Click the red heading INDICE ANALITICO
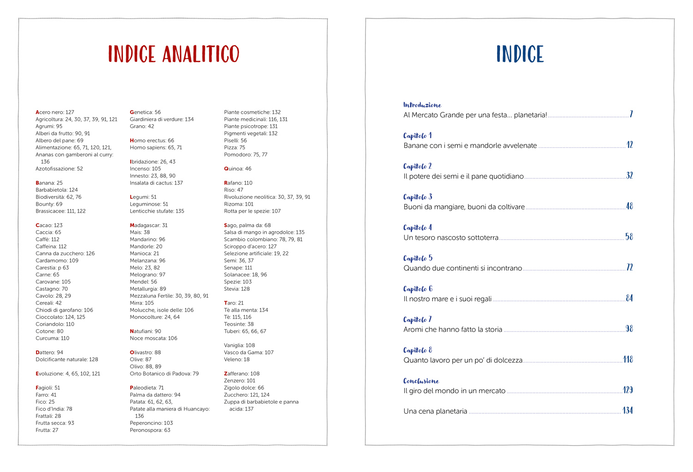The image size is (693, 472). pos(174,54)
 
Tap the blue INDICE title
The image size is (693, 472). pos(520,54)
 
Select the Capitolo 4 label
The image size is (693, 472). pos(418,227)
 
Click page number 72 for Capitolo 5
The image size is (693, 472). pos(629,267)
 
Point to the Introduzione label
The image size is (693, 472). pos(422,105)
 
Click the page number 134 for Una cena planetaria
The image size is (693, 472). pos(627,411)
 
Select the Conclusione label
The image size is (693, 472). pos(421,381)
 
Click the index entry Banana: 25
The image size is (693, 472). pos(49,183)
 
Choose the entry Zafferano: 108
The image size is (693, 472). pos(242,374)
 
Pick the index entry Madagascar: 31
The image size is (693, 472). pos(148,225)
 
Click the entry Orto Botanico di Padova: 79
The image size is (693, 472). pos(164,374)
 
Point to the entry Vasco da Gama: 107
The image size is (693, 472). pos(249,352)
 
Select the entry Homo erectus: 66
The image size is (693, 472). pos(152,141)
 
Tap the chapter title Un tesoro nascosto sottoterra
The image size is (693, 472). pos(451,238)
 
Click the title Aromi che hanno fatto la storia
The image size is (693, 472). pos(453,330)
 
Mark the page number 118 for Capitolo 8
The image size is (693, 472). pos(628,359)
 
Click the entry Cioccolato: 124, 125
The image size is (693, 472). pos(61,317)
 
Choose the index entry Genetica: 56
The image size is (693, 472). pos(145,112)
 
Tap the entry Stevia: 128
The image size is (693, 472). pos(237,289)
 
